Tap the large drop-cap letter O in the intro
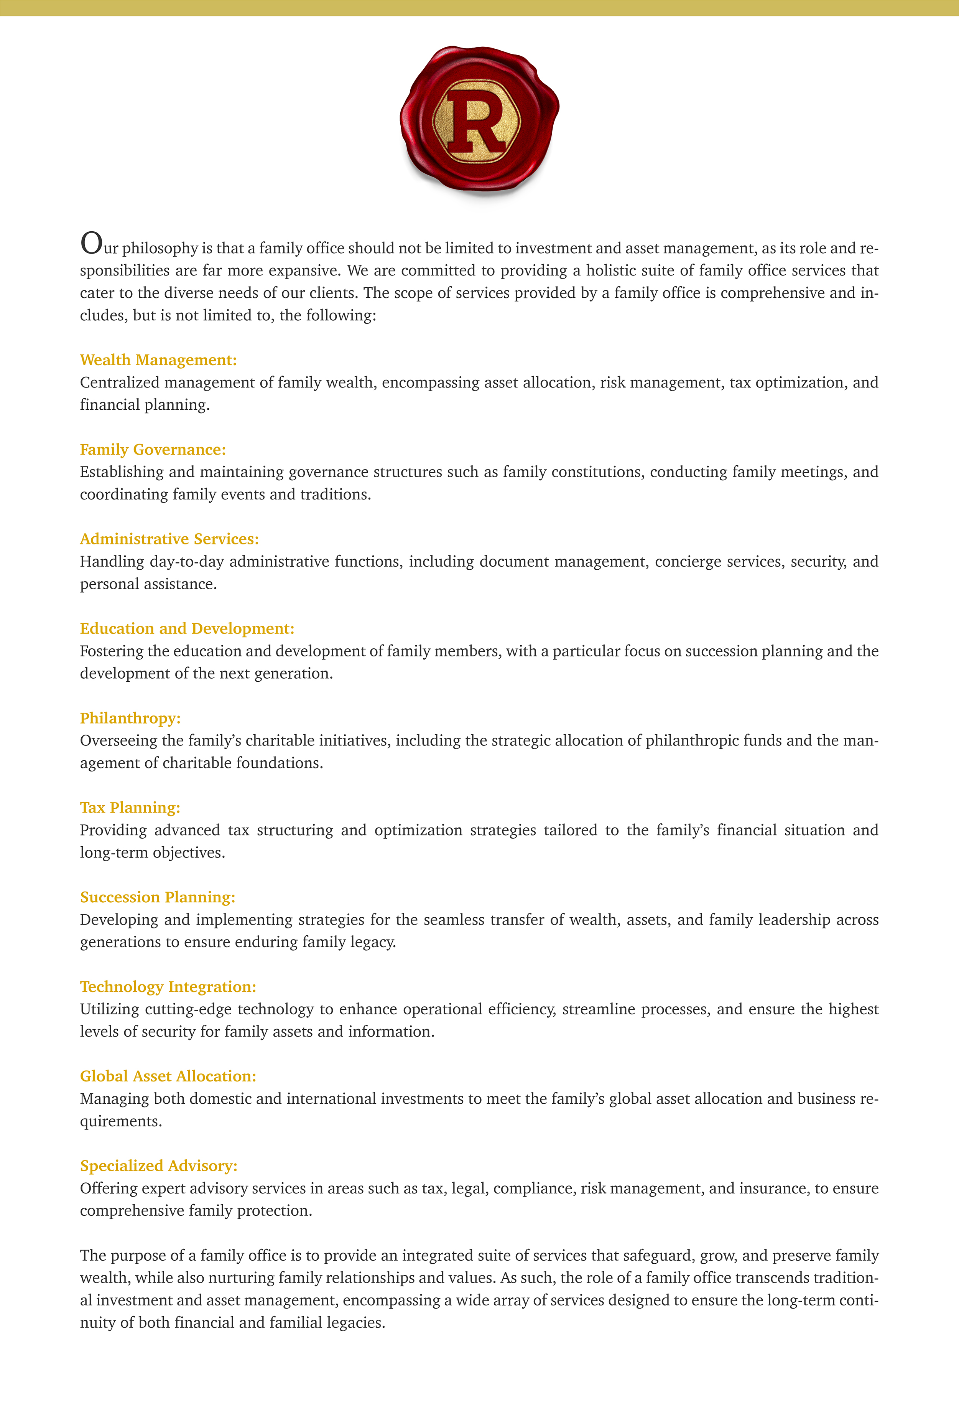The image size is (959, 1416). tap(91, 243)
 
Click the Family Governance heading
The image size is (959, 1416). tap(153, 450)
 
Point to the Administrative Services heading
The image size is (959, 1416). tap(169, 539)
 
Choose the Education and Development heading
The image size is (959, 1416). tap(187, 629)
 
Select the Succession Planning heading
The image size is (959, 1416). tap(158, 897)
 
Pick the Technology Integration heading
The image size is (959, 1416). tap(168, 987)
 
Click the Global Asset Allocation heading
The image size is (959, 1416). tap(168, 1076)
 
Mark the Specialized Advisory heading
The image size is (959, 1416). tap(159, 1166)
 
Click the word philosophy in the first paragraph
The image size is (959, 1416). tap(160, 249)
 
